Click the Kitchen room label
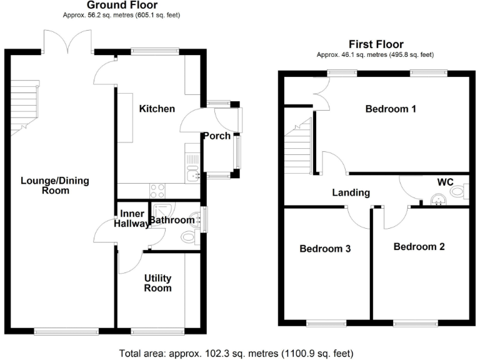157,109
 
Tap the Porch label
216,136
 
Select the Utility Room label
157,282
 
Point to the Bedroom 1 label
391,109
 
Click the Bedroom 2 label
419,246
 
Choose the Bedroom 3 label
325,248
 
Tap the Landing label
351,192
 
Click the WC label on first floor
445,182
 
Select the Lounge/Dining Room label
56,186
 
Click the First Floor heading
376,44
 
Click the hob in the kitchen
157,191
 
